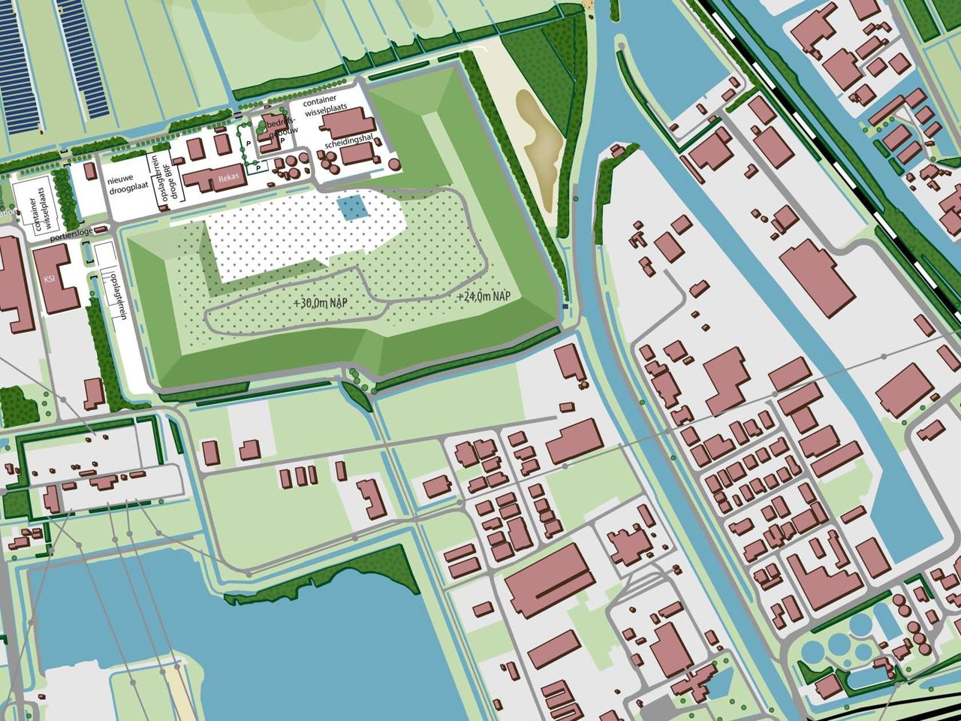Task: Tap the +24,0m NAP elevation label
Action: coord(484,297)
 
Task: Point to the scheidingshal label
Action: coord(350,143)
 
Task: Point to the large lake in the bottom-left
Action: coord(218,646)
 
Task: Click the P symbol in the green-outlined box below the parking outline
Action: coord(256,167)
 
